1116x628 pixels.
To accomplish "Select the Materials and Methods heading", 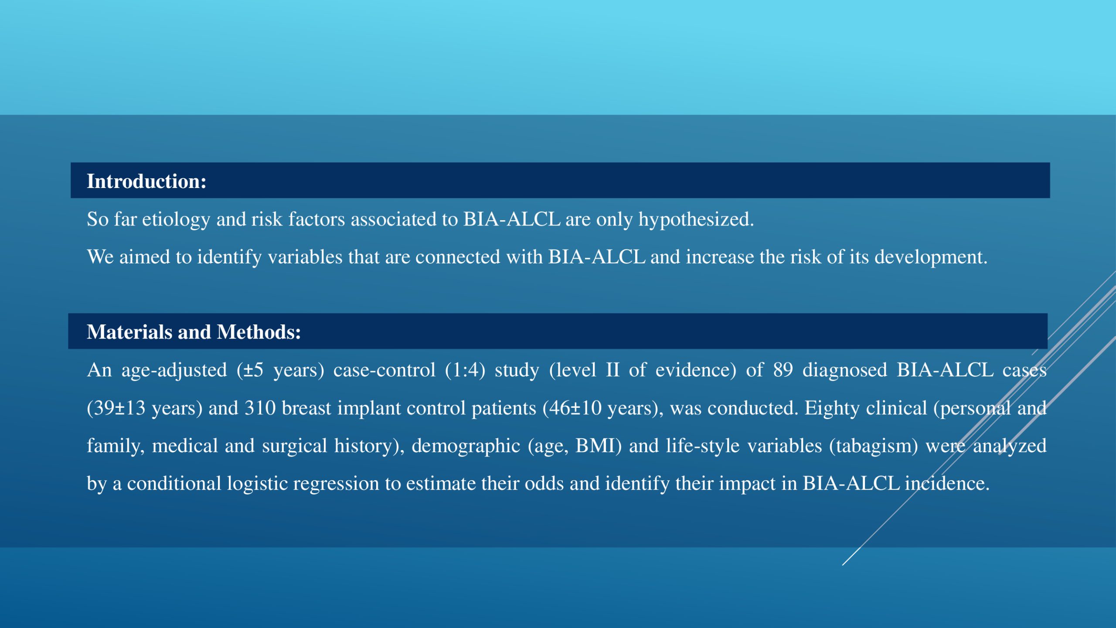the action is [194, 332].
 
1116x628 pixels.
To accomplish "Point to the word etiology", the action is [176, 219].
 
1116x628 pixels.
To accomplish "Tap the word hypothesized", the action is [696, 219].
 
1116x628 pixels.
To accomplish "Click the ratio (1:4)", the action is [465, 370].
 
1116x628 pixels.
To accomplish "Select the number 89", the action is [783, 370].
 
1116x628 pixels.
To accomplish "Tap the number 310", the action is [260, 408].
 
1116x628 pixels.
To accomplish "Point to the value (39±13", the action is [116, 408].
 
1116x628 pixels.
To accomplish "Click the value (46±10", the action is [572, 408].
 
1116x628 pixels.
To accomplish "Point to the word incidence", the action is [947, 483].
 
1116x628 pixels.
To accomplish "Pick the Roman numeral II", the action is [612, 370].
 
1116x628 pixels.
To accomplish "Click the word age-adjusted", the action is [174, 370].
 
